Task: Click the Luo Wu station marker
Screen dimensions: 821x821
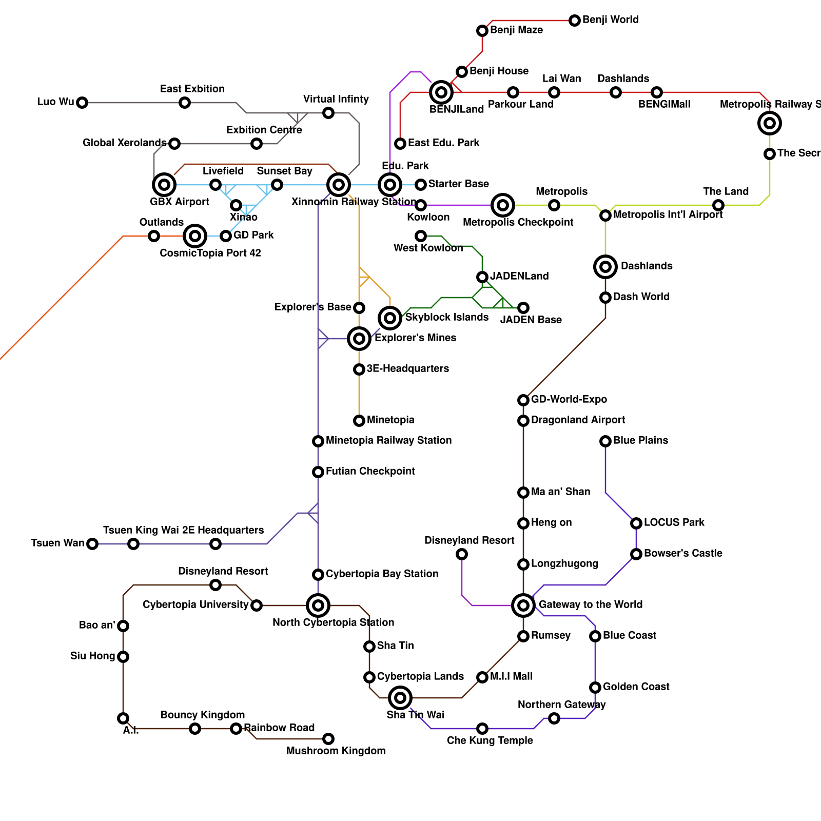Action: click(82, 103)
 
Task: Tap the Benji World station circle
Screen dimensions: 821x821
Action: click(575, 21)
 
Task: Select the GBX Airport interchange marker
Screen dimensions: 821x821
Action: click(164, 185)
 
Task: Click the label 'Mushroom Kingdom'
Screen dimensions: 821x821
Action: click(336, 751)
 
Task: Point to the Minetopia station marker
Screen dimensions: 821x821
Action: click(359, 421)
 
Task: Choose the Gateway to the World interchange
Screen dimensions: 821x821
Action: click(523, 605)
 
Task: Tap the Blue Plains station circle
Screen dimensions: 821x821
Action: click(605, 441)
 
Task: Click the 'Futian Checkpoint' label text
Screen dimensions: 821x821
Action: click(370, 471)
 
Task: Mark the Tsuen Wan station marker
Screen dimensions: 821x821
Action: click(92, 544)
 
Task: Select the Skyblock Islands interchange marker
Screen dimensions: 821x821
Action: click(390, 318)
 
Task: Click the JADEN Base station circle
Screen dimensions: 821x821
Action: click(523, 308)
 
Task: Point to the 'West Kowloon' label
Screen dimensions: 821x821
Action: click(428, 248)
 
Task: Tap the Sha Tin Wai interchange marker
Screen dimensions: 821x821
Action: click(400, 698)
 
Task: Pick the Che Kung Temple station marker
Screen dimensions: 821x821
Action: click(482, 729)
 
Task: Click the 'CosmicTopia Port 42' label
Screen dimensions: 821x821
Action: click(210, 253)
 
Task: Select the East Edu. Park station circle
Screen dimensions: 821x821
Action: click(400, 144)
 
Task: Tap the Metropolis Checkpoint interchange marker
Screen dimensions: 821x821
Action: click(503, 205)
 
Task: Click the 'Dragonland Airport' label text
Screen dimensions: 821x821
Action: click(578, 420)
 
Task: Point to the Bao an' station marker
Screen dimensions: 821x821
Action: click(123, 626)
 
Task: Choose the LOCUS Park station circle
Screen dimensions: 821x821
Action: click(636, 523)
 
